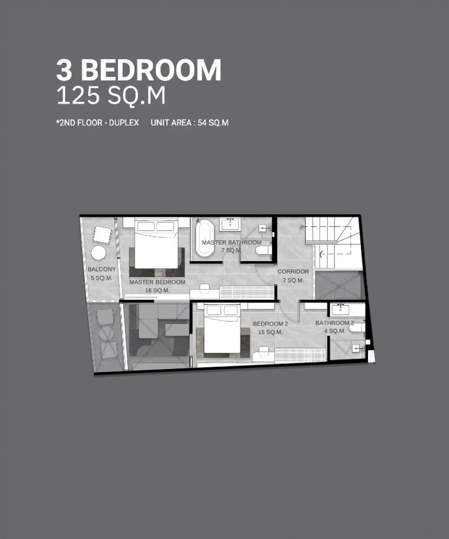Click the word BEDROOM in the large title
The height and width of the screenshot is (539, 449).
coord(151,70)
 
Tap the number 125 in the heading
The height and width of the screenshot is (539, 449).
coord(78,96)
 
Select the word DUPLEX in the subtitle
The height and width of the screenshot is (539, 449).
coord(124,122)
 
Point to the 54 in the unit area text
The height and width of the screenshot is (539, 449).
coord(202,122)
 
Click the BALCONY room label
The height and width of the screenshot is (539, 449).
coord(102,269)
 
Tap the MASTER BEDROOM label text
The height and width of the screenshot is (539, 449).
coord(158,282)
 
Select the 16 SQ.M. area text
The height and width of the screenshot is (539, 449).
coord(158,290)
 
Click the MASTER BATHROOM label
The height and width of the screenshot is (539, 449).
coord(232,242)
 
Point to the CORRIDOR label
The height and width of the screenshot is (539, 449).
coord(293,272)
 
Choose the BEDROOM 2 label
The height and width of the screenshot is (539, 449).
coord(270,324)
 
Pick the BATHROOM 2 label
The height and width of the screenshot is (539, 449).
coord(334,323)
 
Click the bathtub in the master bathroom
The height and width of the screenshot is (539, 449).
coord(205,238)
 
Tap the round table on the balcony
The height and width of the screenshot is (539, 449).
coord(99,253)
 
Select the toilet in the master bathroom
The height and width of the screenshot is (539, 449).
coord(264,250)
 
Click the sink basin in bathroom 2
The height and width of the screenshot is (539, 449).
coord(340,310)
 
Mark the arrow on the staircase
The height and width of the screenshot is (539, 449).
coord(321,254)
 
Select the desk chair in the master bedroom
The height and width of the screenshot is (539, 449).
coord(205,288)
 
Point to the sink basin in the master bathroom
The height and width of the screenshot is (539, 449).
coord(230,224)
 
